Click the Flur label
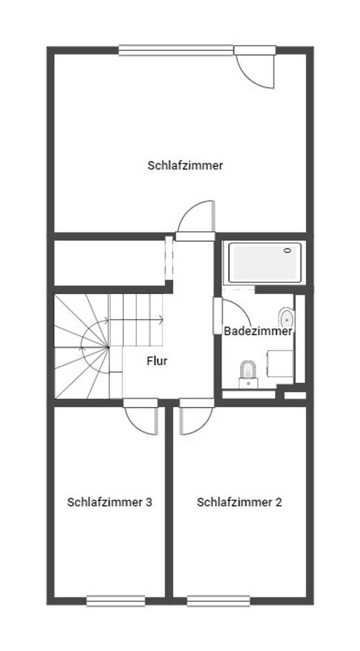point(157,361)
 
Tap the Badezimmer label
point(258,331)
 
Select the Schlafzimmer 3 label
point(110,502)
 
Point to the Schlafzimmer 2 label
point(240,502)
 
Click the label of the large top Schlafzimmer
point(185,165)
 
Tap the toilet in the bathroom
point(248,371)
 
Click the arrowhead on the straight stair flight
point(162,320)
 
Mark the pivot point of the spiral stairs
point(108,347)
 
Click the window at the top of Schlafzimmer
point(176,50)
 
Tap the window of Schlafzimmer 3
point(115,601)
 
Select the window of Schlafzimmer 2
point(218,601)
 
